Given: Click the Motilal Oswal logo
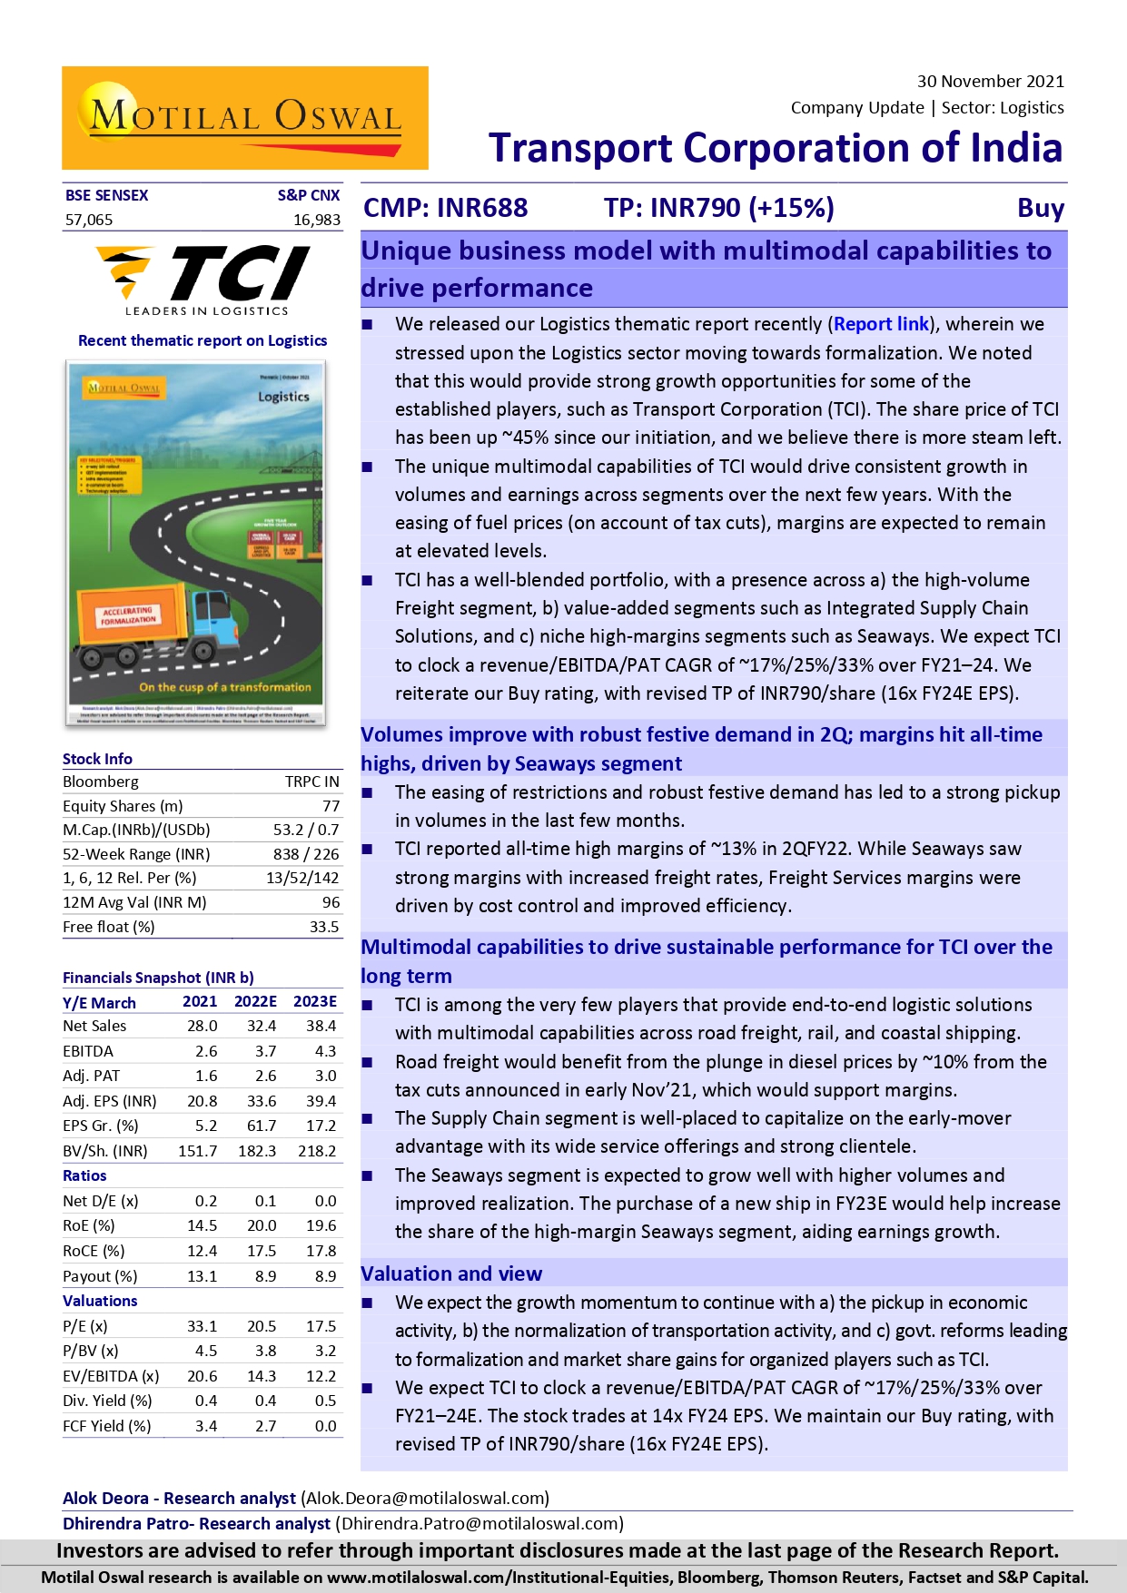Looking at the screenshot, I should pyautogui.click(x=245, y=118).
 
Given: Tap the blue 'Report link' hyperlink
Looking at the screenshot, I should pyautogui.click(x=881, y=324).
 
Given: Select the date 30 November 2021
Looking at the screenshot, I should pyautogui.click(x=990, y=82).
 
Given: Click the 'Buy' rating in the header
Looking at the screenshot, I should pyautogui.click(x=1040, y=208).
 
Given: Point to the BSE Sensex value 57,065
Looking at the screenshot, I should pyautogui.click(x=89, y=220).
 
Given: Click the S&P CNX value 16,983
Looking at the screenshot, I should pyautogui.click(x=316, y=220).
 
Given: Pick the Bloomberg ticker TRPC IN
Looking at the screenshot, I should pyautogui.click(x=311, y=782).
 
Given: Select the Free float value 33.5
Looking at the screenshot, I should pyautogui.click(x=323, y=927).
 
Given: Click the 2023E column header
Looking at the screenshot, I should pyautogui.click(x=314, y=1001).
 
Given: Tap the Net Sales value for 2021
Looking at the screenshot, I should pyautogui.click(x=202, y=1026).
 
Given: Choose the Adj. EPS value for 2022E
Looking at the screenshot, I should pyautogui.click(x=262, y=1101).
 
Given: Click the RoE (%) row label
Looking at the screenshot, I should pyautogui.click(x=89, y=1225).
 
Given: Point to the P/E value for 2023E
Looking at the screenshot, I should pyautogui.click(x=321, y=1326).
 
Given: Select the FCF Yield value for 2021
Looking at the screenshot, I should pyautogui.click(x=206, y=1426).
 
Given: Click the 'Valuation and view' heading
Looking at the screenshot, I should pyautogui.click(x=451, y=1273).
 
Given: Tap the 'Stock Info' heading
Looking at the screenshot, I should pyautogui.click(x=97, y=759).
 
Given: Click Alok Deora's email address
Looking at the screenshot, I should pyautogui.click(x=425, y=1498).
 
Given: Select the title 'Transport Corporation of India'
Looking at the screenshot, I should pyautogui.click(x=776, y=148).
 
